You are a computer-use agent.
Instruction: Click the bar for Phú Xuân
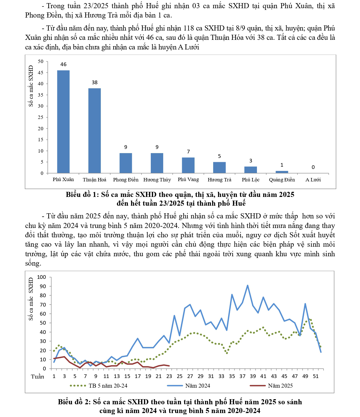63,121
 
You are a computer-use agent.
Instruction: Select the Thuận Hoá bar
95,131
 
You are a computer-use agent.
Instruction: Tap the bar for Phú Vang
188,165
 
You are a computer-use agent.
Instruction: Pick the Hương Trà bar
219,168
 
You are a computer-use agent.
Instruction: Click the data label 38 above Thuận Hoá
95,82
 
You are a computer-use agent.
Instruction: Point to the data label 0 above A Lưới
313,167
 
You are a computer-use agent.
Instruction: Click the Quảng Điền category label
282,180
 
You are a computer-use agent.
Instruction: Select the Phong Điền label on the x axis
126,180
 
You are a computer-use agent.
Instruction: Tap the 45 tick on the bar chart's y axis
41,73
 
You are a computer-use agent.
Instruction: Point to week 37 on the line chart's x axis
242,376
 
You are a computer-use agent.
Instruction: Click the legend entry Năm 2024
197,386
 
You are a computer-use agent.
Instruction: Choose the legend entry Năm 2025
280,386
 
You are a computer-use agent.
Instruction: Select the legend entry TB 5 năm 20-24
108,386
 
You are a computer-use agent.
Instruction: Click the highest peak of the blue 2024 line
248,285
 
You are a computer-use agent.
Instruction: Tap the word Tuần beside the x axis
38,377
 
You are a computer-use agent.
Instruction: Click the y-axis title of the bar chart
31,86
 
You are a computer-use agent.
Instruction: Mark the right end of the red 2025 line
169,366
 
